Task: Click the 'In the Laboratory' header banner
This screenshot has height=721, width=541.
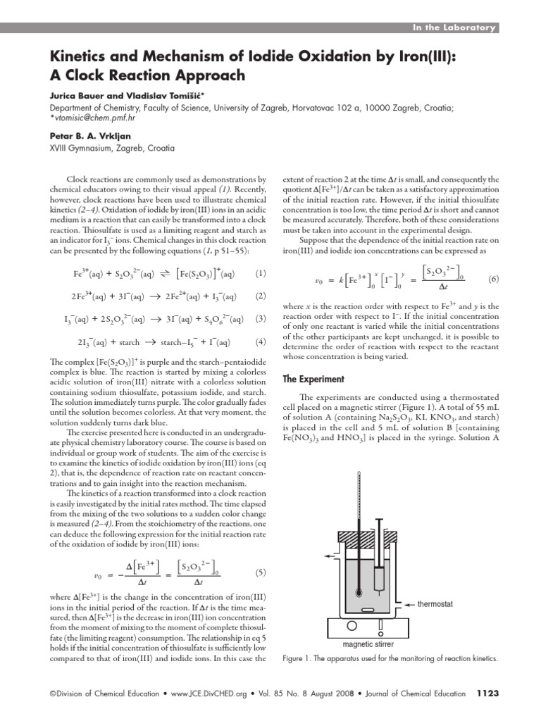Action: [x=454, y=27]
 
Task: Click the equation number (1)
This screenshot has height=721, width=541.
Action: [x=261, y=272]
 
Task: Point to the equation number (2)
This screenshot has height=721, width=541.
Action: [x=261, y=296]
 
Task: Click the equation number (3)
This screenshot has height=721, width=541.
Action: [x=261, y=319]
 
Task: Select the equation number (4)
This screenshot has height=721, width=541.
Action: [x=261, y=342]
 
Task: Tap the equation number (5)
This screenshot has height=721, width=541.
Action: [x=261, y=572]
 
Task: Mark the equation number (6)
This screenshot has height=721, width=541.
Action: [x=493, y=279]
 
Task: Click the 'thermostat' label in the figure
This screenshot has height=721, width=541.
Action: [x=436, y=603]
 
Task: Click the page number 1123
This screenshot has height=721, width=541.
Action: [x=487, y=694]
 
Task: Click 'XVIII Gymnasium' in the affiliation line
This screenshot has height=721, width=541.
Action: [x=82, y=148]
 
